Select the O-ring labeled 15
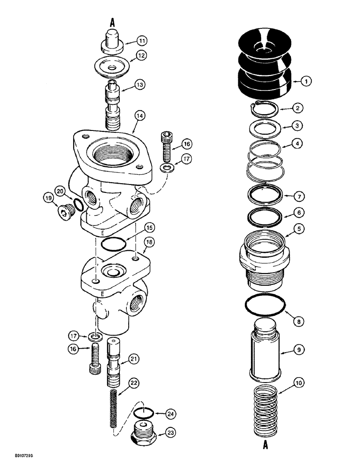(113, 244)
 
